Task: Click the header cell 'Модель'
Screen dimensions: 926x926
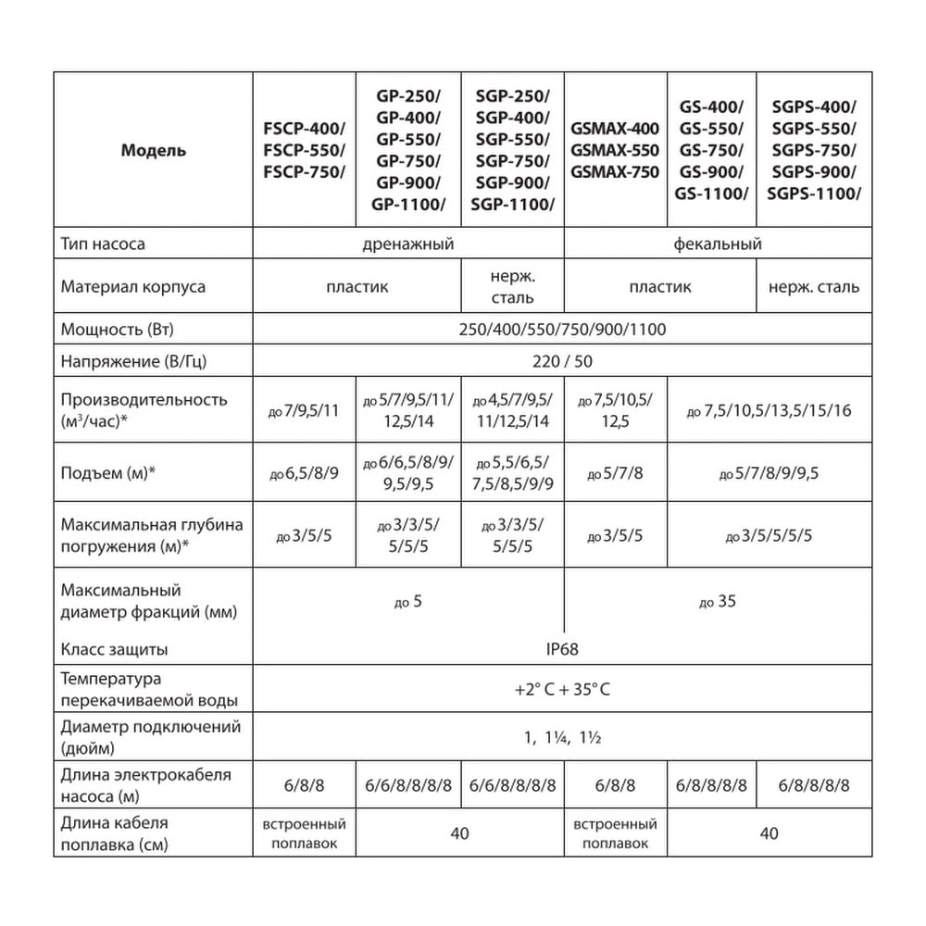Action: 153,151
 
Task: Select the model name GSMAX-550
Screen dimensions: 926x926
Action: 615,150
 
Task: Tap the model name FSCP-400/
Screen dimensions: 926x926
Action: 304,129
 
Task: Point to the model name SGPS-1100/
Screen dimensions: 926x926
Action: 814,194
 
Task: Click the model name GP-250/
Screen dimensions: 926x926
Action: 408,95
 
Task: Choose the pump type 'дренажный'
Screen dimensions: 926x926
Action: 407,244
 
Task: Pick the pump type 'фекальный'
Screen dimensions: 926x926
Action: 718,244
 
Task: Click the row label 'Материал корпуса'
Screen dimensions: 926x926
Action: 133,286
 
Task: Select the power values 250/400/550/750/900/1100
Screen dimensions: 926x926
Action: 562,330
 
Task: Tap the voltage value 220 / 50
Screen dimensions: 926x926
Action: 562,361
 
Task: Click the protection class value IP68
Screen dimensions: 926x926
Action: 562,649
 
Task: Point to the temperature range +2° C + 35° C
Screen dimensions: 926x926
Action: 562,690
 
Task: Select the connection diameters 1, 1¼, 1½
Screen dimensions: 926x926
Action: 562,738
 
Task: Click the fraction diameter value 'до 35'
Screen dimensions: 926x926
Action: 718,602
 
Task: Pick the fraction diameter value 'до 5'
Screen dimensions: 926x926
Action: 407,602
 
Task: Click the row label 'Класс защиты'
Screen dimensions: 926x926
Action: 114,649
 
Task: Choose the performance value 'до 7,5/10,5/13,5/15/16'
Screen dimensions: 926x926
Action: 770,410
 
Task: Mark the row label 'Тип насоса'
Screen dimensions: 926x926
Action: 103,244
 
